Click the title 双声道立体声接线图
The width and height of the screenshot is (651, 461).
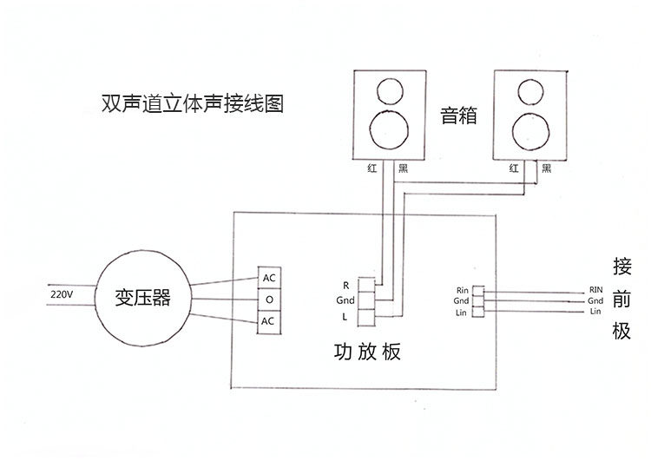[x=193, y=105]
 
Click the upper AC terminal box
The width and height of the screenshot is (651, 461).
[x=269, y=278]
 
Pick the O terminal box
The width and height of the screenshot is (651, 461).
[x=269, y=300]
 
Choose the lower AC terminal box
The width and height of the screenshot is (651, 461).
[x=269, y=321]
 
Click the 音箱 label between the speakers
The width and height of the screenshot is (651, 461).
[x=459, y=115]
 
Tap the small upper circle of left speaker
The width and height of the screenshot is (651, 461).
[x=388, y=91]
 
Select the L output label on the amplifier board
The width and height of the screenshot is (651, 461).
[x=345, y=316]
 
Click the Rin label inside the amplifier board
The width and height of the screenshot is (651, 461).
[x=462, y=290]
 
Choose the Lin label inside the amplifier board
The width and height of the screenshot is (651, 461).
[x=462, y=312]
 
